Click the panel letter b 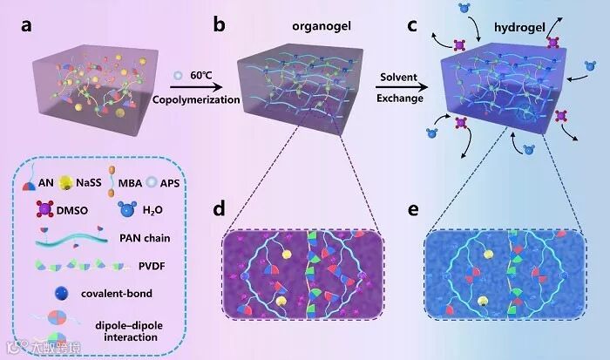point(220,27)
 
